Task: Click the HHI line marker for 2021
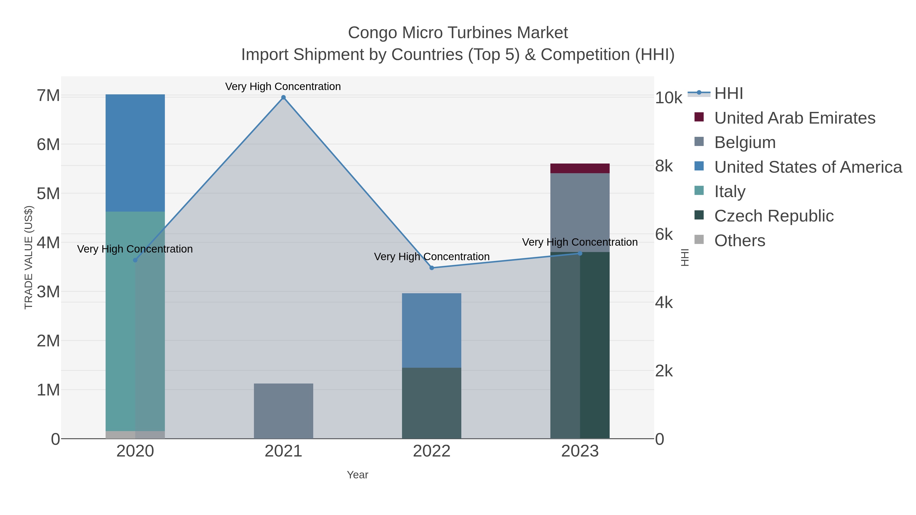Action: [283, 97]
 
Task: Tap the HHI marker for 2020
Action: [135, 260]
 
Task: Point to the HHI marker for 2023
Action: [580, 253]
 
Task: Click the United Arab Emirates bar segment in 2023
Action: [580, 168]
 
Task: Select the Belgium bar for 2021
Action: [283, 411]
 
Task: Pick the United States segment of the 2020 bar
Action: [135, 153]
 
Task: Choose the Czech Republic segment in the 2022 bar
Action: [432, 403]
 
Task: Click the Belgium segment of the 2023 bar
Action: [580, 213]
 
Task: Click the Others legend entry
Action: [740, 241]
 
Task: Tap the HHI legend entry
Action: [728, 94]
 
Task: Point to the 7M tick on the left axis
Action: [48, 96]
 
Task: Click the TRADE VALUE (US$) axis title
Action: [28, 257]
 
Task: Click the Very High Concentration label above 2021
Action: [283, 86]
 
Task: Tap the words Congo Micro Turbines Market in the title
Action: [458, 33]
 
